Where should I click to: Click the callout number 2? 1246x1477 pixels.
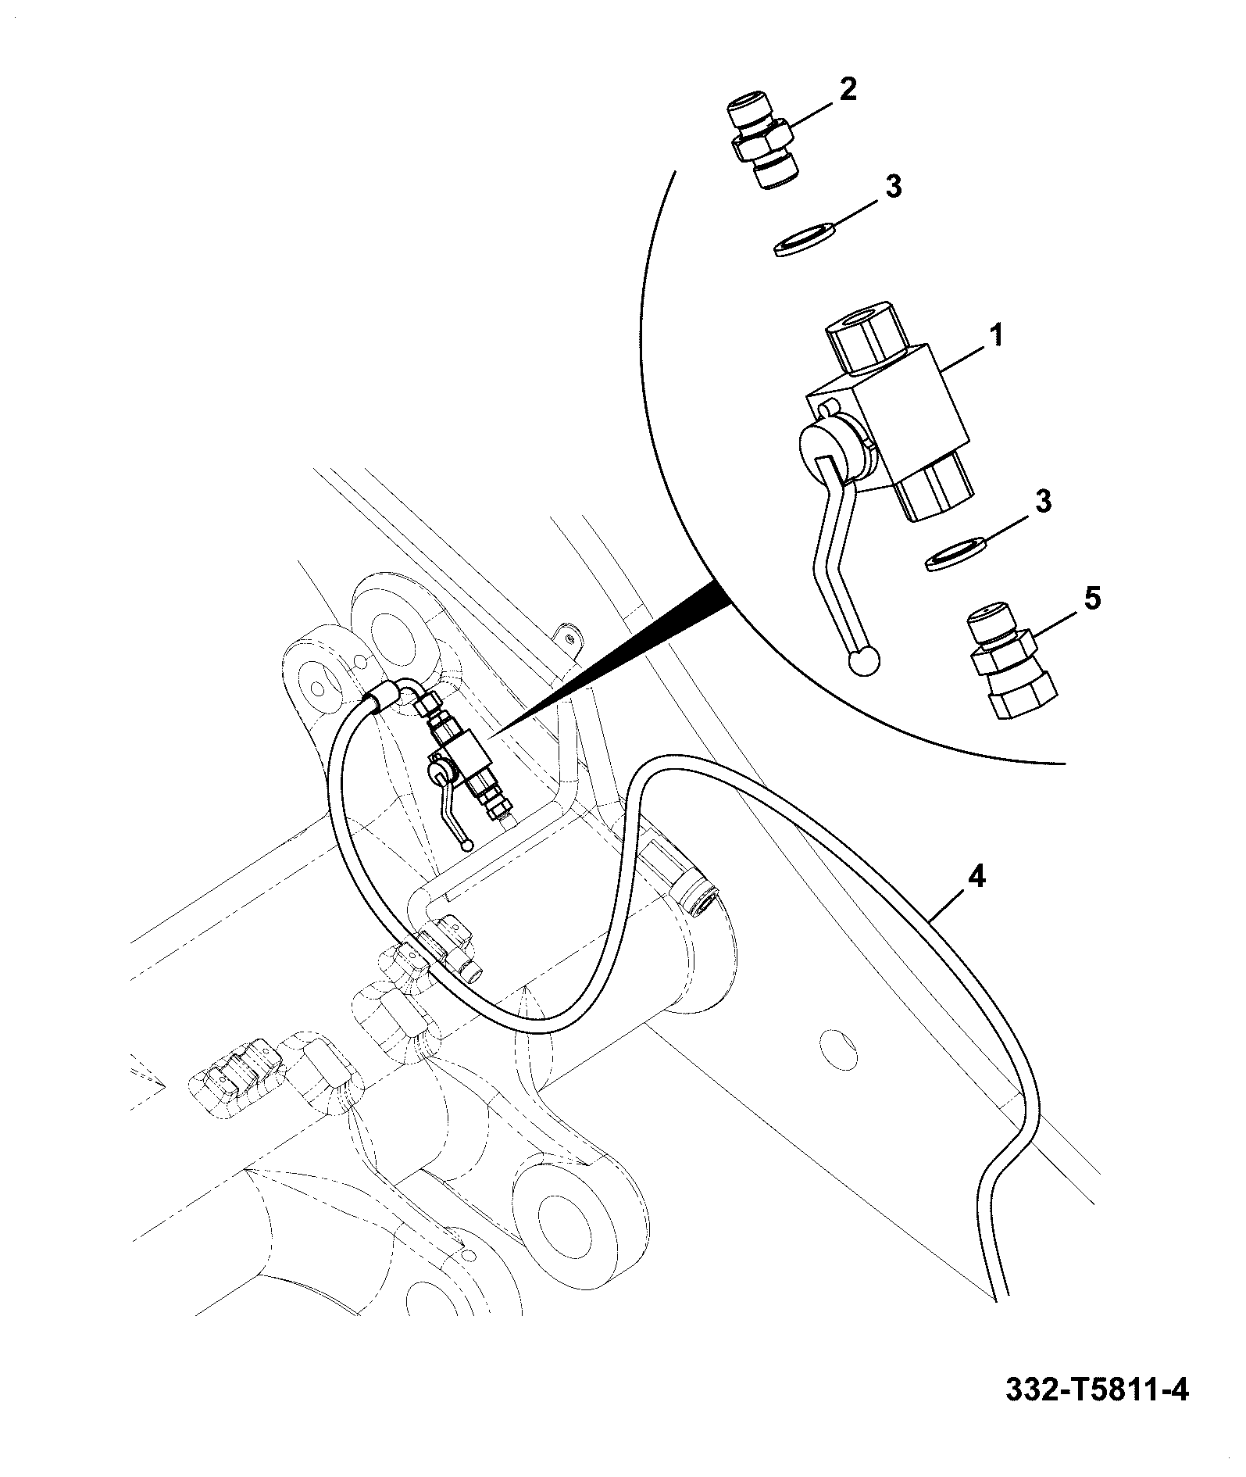848,88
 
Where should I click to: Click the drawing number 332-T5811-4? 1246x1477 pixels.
1096,1412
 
